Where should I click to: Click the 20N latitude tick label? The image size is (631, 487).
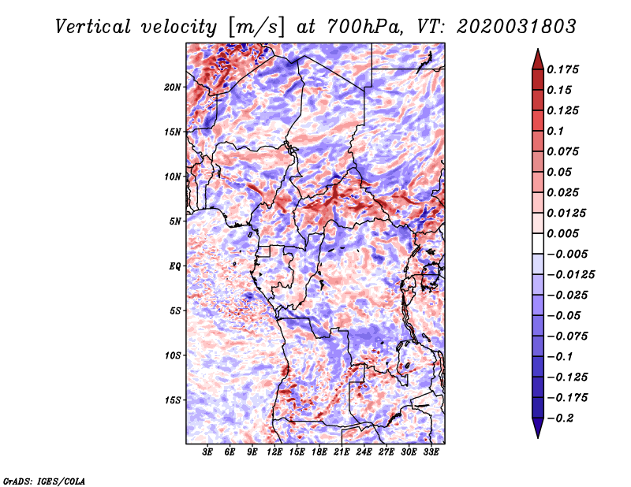(173, 87)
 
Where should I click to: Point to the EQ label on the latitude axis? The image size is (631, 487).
(175, 266)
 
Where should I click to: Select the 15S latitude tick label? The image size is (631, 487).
(173, 400)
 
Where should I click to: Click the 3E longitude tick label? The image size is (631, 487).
(208, 452)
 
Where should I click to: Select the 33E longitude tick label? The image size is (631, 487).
(431, 452)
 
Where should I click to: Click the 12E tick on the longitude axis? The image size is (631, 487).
(275, 452)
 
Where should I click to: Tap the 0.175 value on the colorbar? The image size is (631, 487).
(565, 69)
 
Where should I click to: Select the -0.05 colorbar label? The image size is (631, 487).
(565, 315)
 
